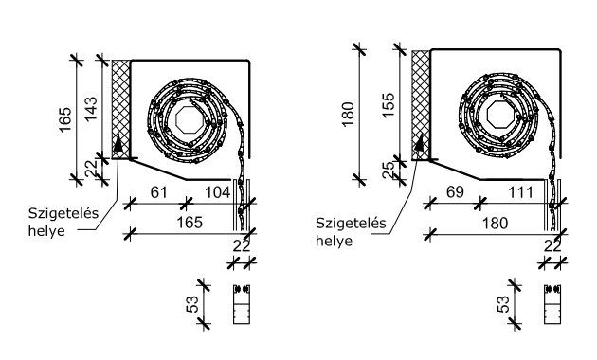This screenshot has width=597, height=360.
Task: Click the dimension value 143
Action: tap(91, 109)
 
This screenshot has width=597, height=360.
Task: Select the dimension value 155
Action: tap(389, 105)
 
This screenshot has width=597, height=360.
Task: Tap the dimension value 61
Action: tap(159, 192)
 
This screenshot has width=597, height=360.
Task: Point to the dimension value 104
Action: tap(218, 192)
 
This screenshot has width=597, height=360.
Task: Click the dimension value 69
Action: tap(455, 192)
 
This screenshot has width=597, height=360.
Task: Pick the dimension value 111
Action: tap(521, 192)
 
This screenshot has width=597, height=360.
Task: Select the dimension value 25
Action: tap(388, 171)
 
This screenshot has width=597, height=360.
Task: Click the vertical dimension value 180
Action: tap(349, 115)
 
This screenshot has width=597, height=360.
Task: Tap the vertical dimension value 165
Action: tap(65, 119)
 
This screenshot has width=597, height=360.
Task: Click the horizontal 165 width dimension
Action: tap(190, 223)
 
